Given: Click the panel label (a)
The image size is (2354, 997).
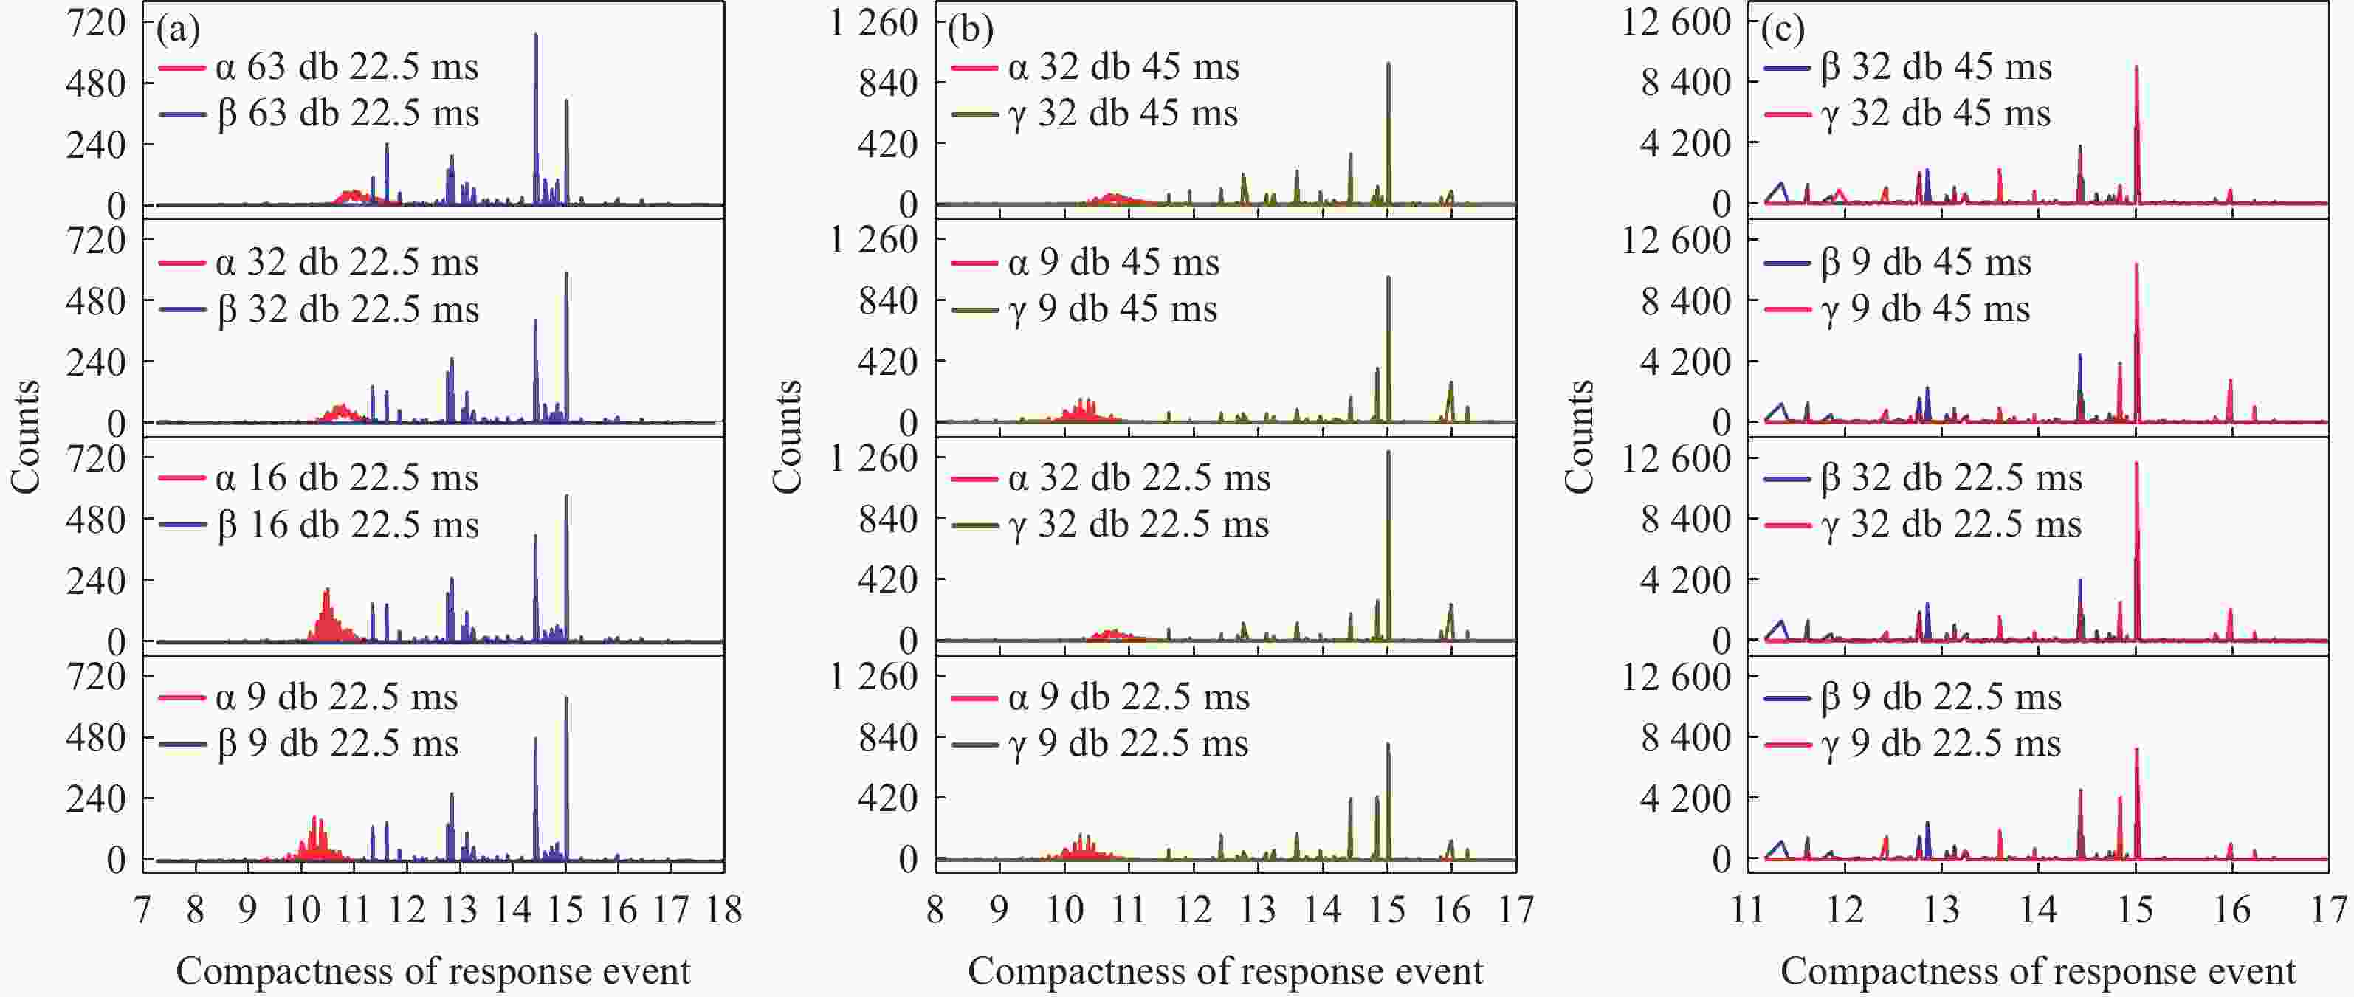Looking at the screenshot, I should click(x=177, y=30).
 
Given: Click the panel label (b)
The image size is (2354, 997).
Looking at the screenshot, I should click(x=969, y=30).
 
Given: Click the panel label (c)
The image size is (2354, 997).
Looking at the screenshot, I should click(x=1783, y=30).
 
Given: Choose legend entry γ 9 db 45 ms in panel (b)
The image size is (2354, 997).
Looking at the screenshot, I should click(x=1113, y=310).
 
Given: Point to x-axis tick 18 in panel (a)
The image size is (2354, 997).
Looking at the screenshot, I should click(x=723, y=910).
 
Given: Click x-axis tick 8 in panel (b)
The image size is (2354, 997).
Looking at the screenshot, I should click(x=935, y=910).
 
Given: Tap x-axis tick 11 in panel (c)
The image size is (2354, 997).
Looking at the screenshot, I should click(x=1747, y=910).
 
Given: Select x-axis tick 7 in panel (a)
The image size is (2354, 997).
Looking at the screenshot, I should click(x=142, y=910).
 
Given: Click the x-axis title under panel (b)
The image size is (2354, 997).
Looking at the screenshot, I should click(x=1225, y=971).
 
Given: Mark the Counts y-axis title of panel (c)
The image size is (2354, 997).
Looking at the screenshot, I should click(x=1579, y=437).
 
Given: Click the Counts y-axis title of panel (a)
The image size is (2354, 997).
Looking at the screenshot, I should click(x=27, y=437).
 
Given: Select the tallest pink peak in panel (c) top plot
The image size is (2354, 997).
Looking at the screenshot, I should click(x=2136, y=69).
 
